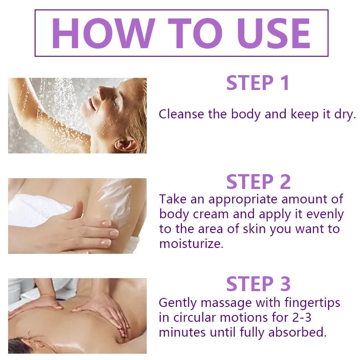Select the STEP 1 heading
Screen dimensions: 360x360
tap(258, 83)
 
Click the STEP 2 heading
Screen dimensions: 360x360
tap(258, 181)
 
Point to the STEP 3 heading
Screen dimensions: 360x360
tap(258, 284)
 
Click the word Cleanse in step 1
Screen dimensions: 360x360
tap(181, 114)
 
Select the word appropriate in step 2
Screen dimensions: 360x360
tap(243, 199)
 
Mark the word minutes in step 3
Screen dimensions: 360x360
tap(183, 333)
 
